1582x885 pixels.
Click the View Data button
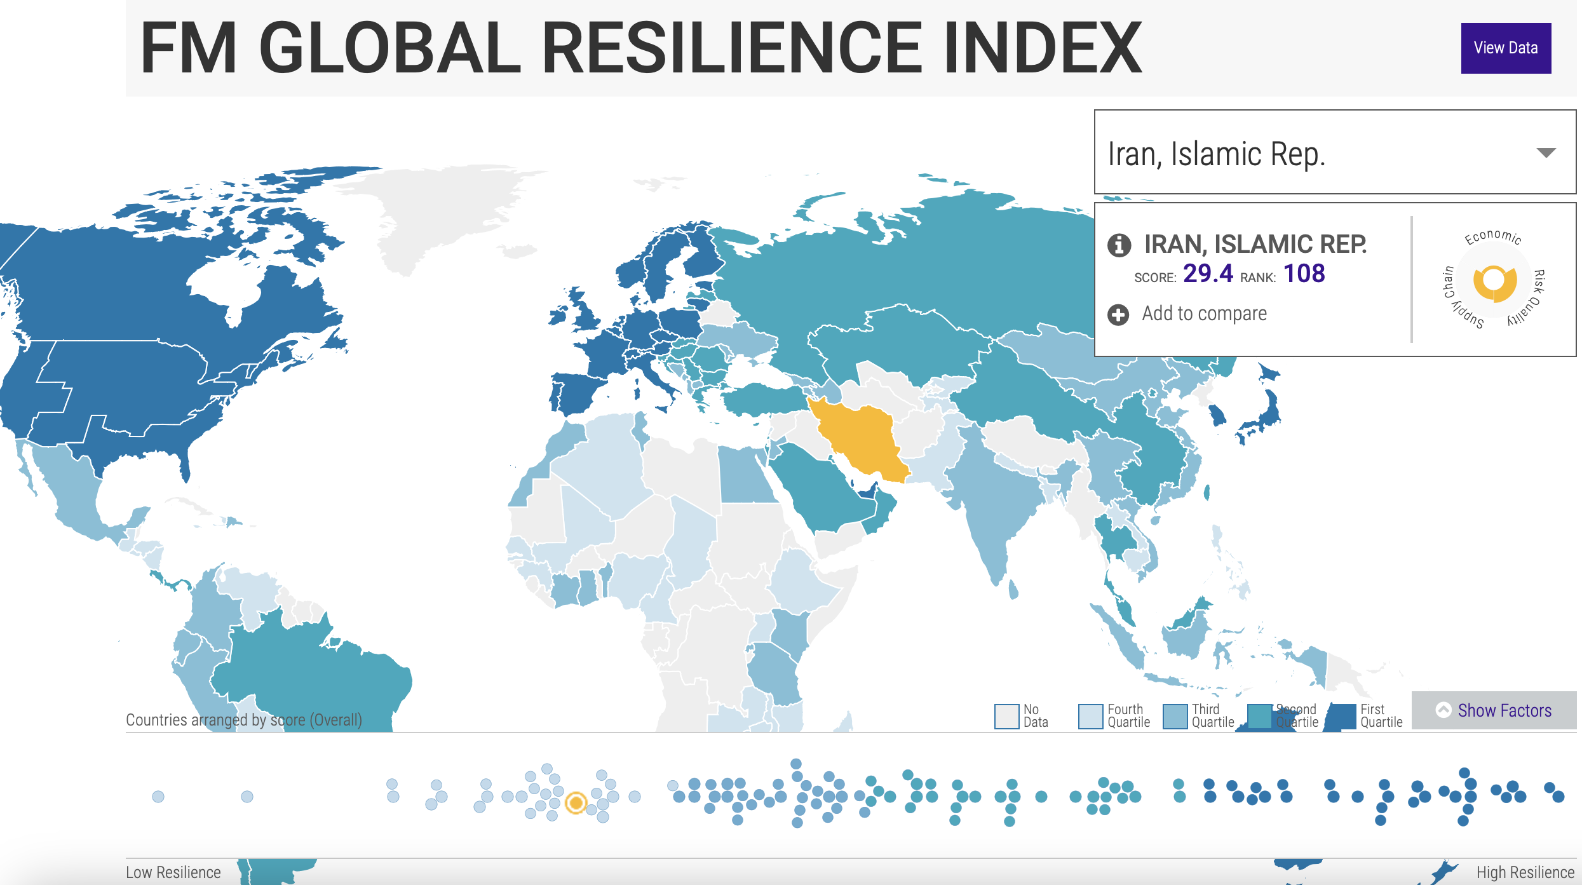pos(1505,48)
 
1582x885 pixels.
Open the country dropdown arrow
pos(1545,152)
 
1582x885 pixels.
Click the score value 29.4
pos(1207,274)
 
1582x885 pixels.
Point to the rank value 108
pos(1304,274)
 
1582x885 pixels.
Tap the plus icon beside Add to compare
pos(1118,314)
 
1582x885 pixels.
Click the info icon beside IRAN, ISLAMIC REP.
pos(1119,245)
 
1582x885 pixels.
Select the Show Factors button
pos(1494,710)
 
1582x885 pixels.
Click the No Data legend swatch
pos(1006,716)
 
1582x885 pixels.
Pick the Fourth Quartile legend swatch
pos(1090,716)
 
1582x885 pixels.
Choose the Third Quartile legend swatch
pos(1175,716)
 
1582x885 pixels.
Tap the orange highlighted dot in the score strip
pos(576,802)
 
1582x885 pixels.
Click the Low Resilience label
pos(173,872)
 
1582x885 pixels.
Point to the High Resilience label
pos(1525,872)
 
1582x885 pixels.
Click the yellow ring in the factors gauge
pos(1495,283)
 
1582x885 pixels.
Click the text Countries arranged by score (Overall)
pos(244,720)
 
